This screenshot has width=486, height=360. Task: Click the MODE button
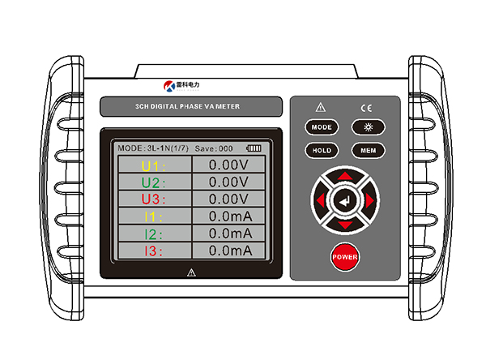point(322,127)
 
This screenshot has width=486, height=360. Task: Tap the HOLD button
point(322,150)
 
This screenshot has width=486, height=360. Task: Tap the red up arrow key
point(345,176)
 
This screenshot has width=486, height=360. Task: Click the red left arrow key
point(321,199)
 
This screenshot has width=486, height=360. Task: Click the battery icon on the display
point(255,148)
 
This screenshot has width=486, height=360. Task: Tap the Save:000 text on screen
point(214,148)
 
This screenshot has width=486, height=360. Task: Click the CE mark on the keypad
point(365,106)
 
